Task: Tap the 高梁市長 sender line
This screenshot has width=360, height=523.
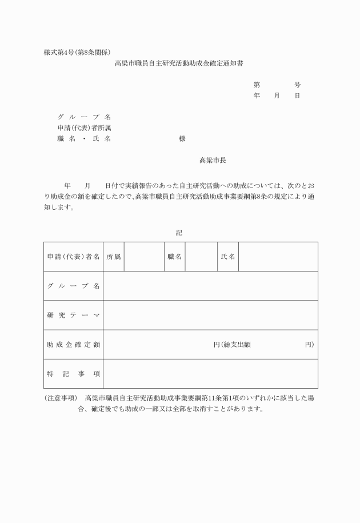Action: (x=213, y=161)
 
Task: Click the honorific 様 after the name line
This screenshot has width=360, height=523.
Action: (x=182, y=139)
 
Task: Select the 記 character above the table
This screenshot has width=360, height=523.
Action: (x=179, y=233)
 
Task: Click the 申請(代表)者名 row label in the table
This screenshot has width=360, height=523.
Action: (x=73, y=257)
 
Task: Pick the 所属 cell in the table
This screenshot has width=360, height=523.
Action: (x=113, y=257)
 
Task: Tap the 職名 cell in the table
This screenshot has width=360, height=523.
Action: (x=174, y=257)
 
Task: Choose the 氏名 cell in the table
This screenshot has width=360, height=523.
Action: (x=227, y=257)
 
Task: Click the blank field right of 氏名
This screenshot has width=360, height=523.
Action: (x=278, y=257)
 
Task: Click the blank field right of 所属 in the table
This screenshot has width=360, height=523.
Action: (x=143, y=257)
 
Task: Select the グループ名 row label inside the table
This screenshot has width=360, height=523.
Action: (x=73, y=286)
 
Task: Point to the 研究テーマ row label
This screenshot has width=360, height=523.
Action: (x=73, y=316)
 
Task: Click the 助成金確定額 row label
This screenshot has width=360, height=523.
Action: (x=73, y=345)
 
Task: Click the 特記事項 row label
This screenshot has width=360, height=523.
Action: (x=73, y=374)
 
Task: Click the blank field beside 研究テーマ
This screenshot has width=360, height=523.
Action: (x=210, y=316)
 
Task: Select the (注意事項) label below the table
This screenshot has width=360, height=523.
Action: (x=61, y=398)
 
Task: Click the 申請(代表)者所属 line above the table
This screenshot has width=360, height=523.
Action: (x=84, y=128)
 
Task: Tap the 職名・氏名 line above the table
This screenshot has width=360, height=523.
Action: (x=84, y=139)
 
